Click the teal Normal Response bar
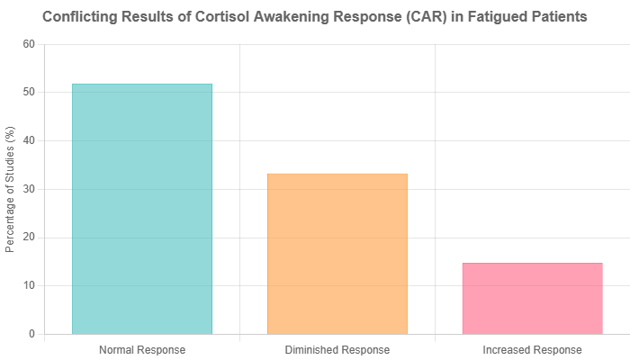[x=142, y=208]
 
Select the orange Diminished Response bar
[x=337, y=253]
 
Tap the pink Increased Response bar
[x=532, y=298]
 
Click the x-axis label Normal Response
[x=142, y=349]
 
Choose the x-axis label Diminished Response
[x=337, y=349]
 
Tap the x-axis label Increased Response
[x=532, y=349]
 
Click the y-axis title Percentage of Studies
[x=11, y=189]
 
